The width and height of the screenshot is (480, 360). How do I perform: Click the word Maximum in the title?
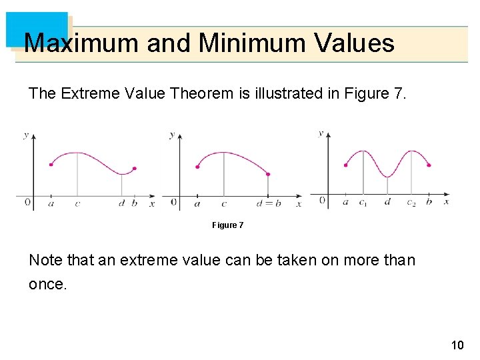pyautogui.click(x=82, y=44)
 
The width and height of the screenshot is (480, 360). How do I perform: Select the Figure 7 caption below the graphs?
pyautogui.click(x=228, y=225)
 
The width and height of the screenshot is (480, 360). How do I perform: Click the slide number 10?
pyautogui.click(x=457, y=345)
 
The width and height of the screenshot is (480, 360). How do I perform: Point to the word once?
pyautogui.click(x=47, y=284)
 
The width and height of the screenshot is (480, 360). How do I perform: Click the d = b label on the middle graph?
pyautogui.click(x=269, y=203)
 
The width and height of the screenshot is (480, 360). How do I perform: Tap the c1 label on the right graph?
pyautogui.click(x=362, y=203)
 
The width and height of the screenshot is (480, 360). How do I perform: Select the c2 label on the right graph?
pyautogui.click(x=411, y=203)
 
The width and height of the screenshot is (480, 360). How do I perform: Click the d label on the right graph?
pyautogui.click(x=387, y=201)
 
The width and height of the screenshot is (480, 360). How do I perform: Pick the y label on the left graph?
pyautogui.click(x=26, y=135)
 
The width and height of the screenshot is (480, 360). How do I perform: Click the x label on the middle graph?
pyautogui.click(x=298, y=203)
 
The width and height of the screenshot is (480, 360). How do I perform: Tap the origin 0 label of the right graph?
pyautogui.click(x=323, y=199)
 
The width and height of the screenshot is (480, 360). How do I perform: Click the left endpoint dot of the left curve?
pyautogui.click(x=51, y=165)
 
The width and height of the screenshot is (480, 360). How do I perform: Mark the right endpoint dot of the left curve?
pyautogui.click(x=135, y=169)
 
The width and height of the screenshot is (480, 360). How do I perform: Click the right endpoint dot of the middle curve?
pyautogui.click(x=268, y=175)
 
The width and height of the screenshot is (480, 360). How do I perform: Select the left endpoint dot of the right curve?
pyautogui.click(x=345, y=165)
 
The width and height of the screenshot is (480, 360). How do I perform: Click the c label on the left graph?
pyautogui.click(x=77, y=203)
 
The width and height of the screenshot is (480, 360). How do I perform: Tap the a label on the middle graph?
pyautogui.click(x=197, y=204)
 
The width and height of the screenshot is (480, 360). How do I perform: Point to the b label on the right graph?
pyautogui.click(x=429, y=201)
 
